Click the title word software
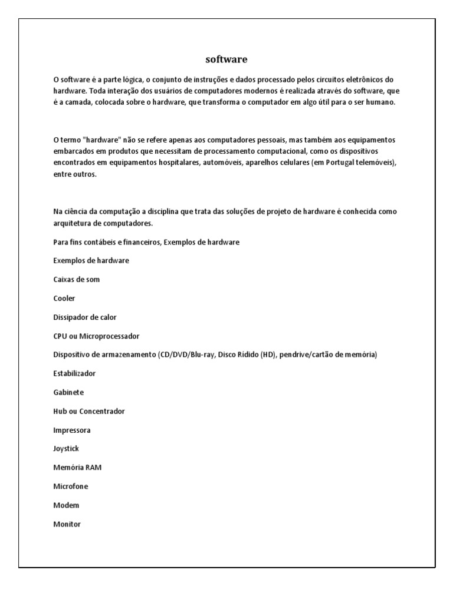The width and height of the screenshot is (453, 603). (226, 59)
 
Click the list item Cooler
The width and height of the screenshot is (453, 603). (64, 299)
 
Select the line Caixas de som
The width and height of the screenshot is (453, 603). (76, 280)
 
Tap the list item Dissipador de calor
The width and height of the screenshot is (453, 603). (84, 317)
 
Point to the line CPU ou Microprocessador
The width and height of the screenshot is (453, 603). (96, 336)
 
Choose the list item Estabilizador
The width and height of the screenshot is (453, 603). (74, 374)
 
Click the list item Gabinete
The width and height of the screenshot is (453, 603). (68, 393)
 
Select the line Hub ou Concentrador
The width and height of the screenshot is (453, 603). (88, 412)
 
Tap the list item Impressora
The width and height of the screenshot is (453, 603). (72, 430)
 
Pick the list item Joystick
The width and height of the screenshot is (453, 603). (66, 449)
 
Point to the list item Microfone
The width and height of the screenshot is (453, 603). (70, 487)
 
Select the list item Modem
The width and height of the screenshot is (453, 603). (66, 506)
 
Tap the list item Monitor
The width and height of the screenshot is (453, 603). (67, 525)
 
